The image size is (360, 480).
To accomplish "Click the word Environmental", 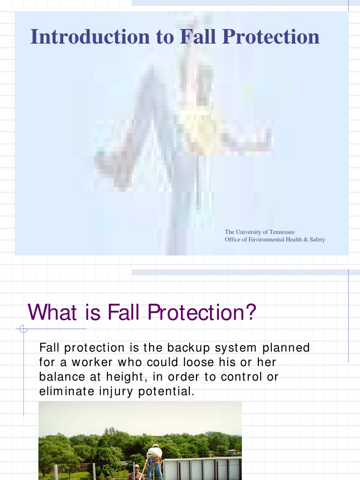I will coord(266,240).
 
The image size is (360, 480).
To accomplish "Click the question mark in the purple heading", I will coord(252,312).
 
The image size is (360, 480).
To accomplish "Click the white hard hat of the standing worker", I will coord(155,446).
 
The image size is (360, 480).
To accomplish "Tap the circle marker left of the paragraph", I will coord(23,329).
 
